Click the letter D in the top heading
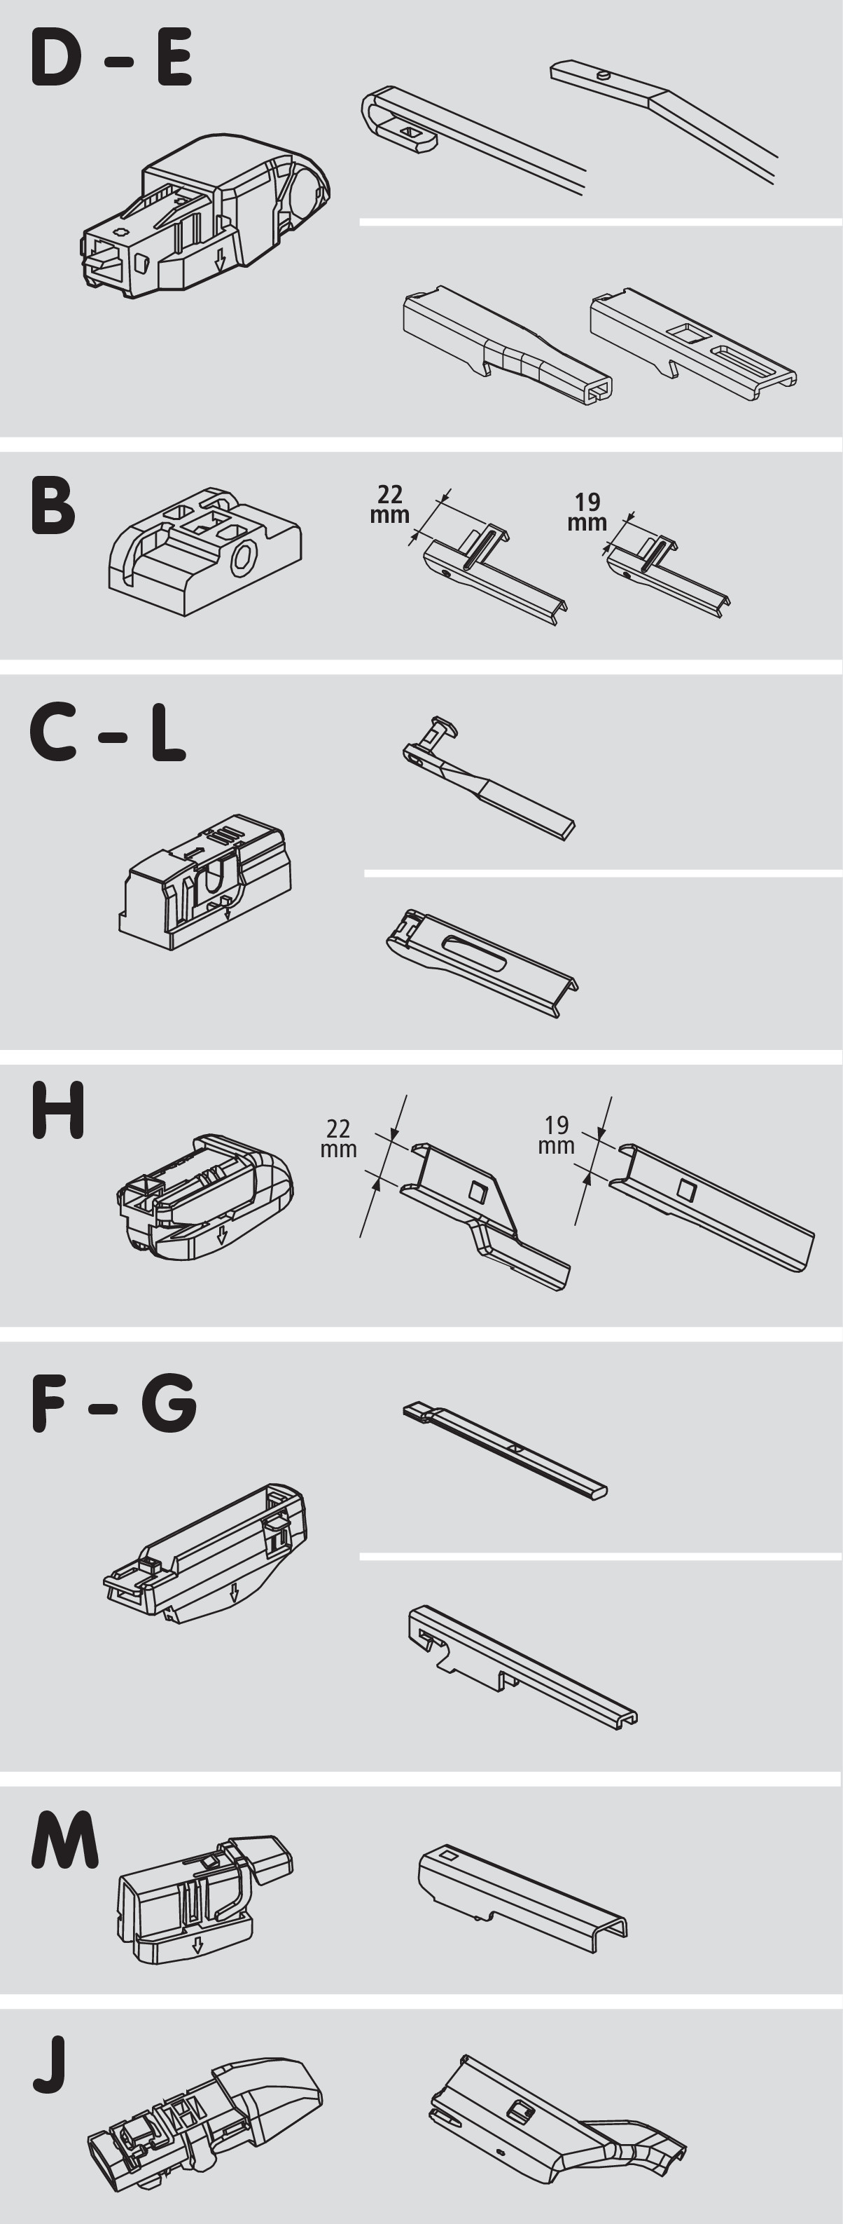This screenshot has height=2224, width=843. click(56, 58)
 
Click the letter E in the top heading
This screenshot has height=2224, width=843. click(174, 58)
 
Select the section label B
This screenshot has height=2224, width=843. click(53, 505)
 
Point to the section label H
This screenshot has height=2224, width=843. click(58, 1110)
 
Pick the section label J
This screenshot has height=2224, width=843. click(50, 2066)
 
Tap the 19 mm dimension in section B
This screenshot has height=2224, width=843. click(587, 512)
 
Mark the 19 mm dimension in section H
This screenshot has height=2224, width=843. click(557, 1135)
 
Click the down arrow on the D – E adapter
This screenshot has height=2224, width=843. click(220, 260)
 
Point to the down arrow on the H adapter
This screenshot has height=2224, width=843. click(222, 1234)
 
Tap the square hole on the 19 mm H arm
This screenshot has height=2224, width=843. click(688, 1189)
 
